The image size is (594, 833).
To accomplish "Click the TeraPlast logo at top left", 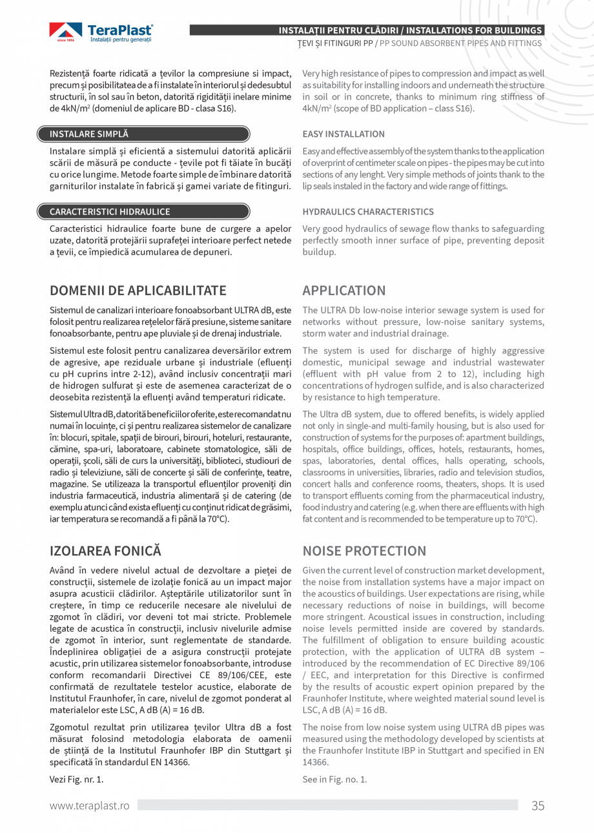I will point(101,32).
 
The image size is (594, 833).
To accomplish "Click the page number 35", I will point(538,805).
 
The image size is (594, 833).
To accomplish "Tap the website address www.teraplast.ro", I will point(90,805).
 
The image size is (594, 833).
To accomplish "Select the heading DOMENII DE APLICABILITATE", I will point(138,290).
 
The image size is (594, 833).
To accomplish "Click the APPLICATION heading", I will point(343,290).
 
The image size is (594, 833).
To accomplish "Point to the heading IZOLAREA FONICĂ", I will point(105,551).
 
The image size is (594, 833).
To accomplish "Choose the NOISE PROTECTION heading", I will point(364,551).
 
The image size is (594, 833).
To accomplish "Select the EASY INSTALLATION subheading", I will point(343,134).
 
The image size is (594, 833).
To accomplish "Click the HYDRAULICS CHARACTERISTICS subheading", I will point(368,212).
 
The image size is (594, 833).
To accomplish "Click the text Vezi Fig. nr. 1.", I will point(76,779).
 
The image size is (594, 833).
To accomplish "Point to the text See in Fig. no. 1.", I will point(334,779).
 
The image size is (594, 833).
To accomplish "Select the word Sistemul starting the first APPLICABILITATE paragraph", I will point(66,310).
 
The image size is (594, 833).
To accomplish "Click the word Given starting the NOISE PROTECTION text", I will point(314,571).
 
